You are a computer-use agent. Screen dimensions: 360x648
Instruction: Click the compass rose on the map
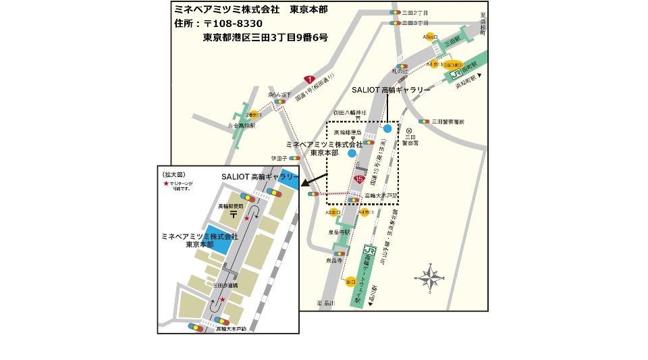point(428,276)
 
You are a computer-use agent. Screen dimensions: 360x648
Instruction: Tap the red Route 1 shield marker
point(309,79)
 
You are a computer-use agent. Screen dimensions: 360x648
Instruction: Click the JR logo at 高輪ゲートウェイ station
point(368,251)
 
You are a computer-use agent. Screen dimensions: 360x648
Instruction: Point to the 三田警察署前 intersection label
point(448,122)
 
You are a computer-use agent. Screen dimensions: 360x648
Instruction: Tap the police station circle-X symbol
point(409,130)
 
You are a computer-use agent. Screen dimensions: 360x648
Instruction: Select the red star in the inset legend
point(165,184)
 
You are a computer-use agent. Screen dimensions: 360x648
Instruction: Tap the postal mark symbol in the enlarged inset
point(233,214)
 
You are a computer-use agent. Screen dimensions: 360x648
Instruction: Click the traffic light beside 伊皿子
point(295,158)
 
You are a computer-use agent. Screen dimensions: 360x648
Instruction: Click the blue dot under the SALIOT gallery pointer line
point(387,128)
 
